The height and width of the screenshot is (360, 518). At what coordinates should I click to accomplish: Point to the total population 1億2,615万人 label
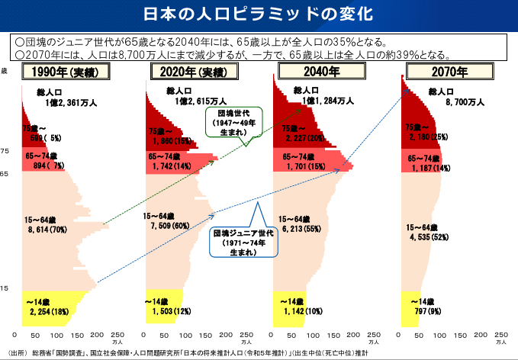tap(200, 101)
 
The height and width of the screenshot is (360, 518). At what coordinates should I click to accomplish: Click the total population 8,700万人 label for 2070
tap(465, 101)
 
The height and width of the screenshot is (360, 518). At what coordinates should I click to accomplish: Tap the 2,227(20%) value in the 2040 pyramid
tap(304, 138)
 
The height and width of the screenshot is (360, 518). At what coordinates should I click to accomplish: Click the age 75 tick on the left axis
tap(5, 152)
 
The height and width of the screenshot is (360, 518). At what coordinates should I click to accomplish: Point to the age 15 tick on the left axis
tap(5, 288)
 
